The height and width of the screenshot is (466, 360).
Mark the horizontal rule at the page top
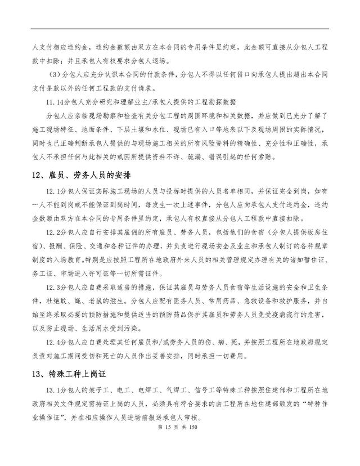click(179, 30)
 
